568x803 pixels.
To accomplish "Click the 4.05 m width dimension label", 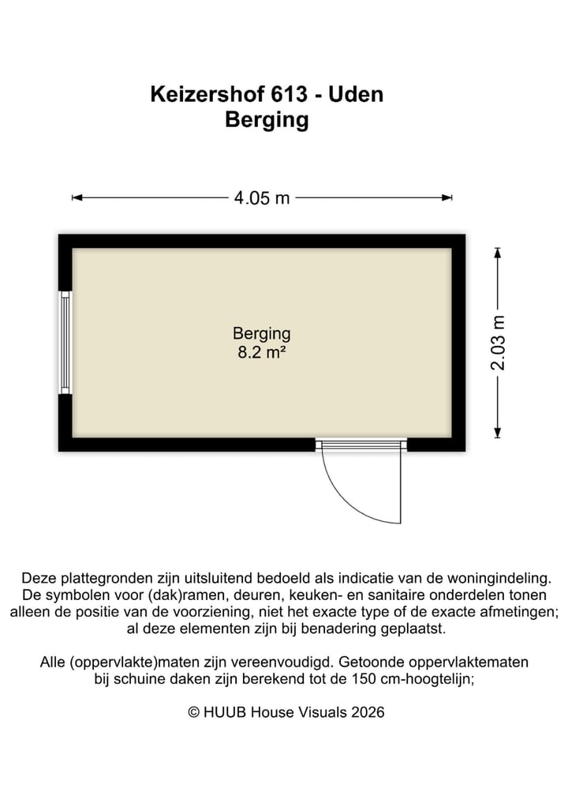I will tap(261, 198).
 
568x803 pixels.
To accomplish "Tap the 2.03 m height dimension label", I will tap(498, 342).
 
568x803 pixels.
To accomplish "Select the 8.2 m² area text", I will tap(261, 353).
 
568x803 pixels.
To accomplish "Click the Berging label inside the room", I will tap(261, 334).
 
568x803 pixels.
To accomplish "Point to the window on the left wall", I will tap(65, 342).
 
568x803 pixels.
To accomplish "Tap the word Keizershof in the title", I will tap(207, 95).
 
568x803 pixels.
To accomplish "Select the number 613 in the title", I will tap(287, 95).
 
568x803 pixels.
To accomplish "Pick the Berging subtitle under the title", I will tap(267, 121).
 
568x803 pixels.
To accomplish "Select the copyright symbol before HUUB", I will tap(193, 712).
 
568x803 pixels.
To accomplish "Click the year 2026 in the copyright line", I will tap(368, 712).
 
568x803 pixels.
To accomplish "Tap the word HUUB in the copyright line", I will tap(225, 712).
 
